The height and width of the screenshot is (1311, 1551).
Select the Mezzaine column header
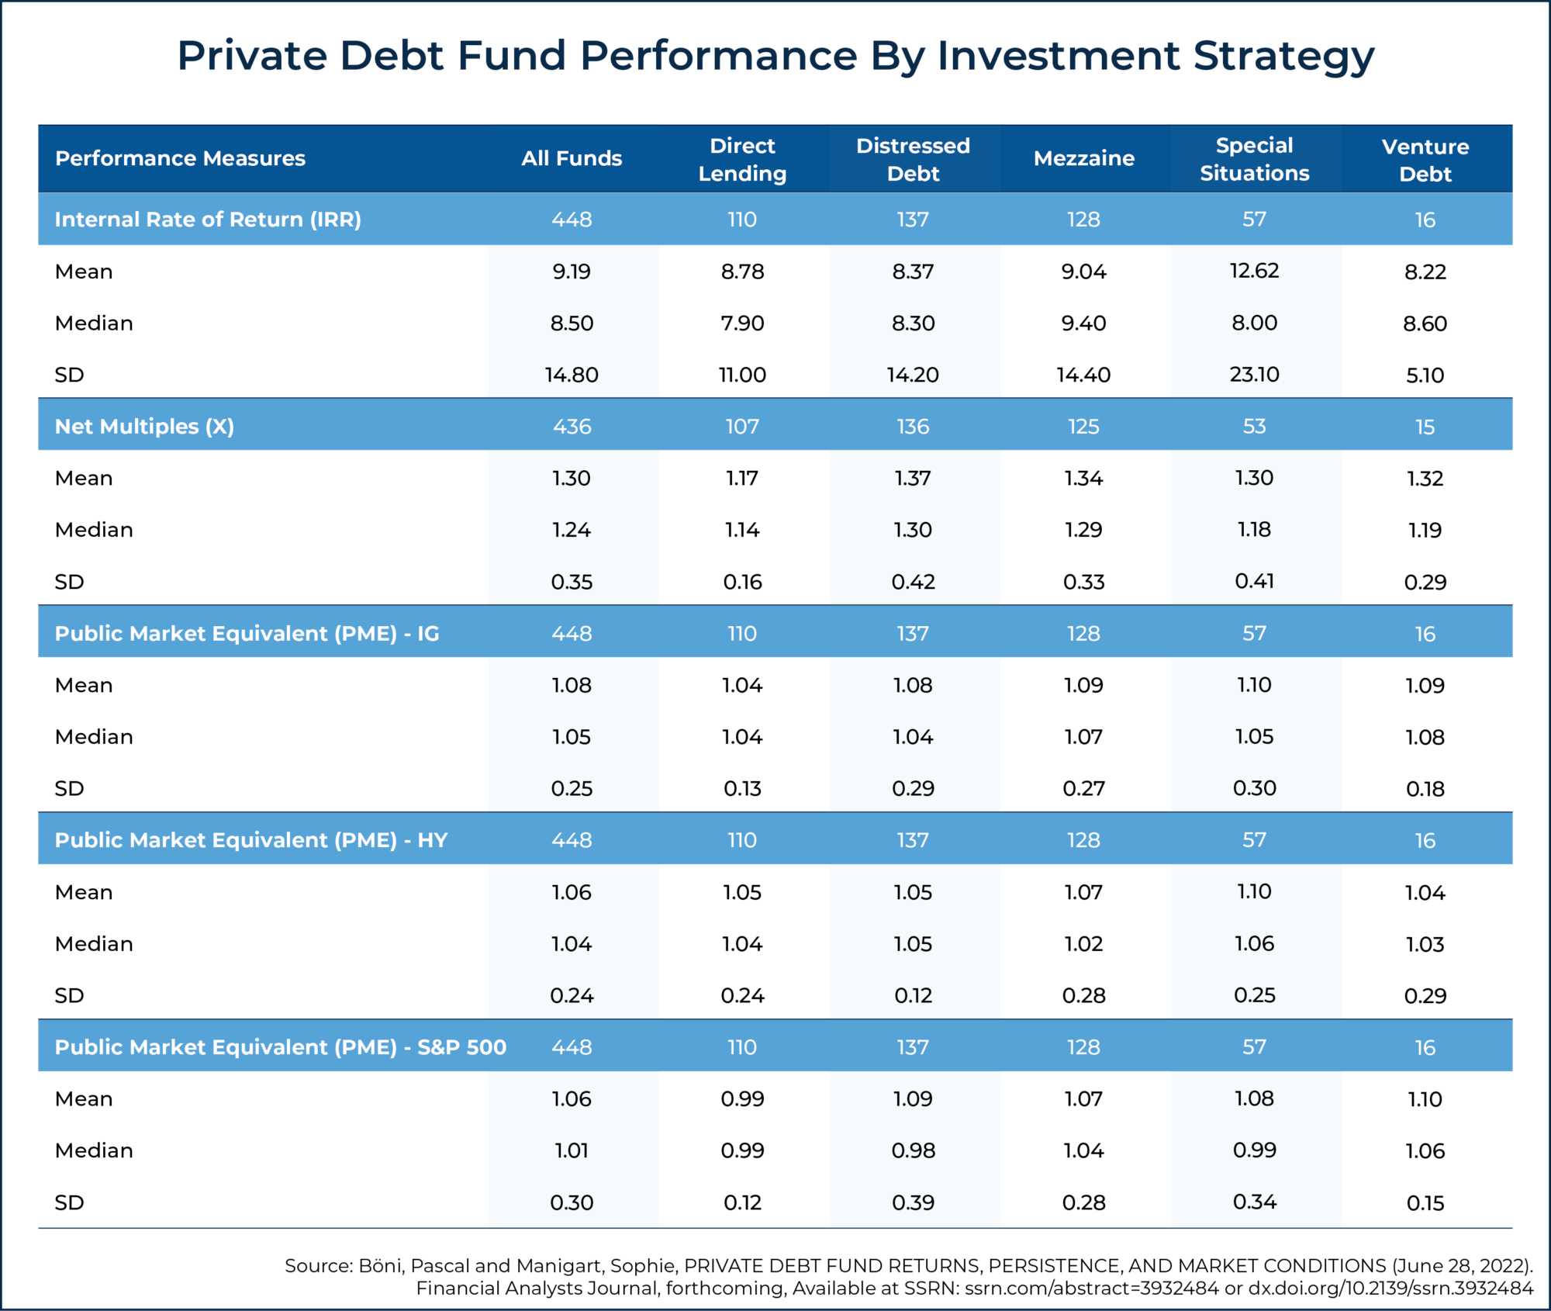pyautogui.click(x=1083, y=158)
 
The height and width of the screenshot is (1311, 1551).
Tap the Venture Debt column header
pyautogui.click(x=1425, y=160)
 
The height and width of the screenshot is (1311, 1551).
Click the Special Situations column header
pyautogui.click(x=1254, y=159)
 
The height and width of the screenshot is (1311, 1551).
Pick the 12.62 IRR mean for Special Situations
pyautogui.click(x=1254, y=271)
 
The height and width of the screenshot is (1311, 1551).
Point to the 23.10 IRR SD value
pyautogui.click(x=1254, y=374)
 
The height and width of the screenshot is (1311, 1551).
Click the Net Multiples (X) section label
pyautogui.click(x=144, y=426)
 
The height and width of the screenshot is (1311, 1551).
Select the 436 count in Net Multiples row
pyautogui.click(x=572, y=426)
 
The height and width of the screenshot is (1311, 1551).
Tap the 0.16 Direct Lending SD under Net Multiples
pyautogui.click(x=742, y=581)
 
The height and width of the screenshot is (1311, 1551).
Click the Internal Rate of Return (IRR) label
pyautogui.click(x=208, y=220)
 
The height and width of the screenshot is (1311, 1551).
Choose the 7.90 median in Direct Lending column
pyautogui.click(x=742, y=323)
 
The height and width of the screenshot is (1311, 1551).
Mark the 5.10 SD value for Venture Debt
pyautogui.click(x=1425, y=375)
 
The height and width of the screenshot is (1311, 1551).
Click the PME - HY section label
pyautogui.click(x=251, y=840)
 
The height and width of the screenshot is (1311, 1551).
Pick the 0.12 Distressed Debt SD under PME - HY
pyautogui.click(x=913, y=995)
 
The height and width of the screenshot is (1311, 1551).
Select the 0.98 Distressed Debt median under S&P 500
pyautogui.click(x=913, y=1150)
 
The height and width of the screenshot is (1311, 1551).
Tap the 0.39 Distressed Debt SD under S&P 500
pyautogui.click(x=913, y=1202)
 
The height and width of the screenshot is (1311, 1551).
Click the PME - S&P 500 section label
pyautogui.click(x=280, y=1047)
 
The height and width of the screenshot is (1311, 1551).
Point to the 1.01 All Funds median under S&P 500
pyautogui.click(x=572, y=1150)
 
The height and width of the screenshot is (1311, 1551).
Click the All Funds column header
pyautogui.click(x=572, y=158)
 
